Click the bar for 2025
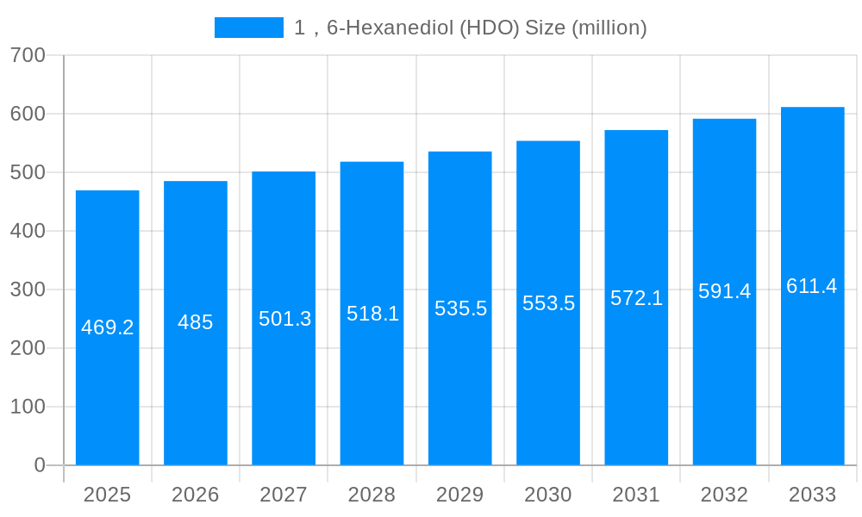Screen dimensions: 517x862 [108, 327]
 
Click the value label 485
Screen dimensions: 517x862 [196, 322]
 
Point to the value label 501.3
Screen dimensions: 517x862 [284, 319]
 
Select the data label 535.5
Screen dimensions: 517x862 [460, 308]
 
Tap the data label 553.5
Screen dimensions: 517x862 [548, 303]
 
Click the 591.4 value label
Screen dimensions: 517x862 [724, 291]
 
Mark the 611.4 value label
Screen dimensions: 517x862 [812, 286]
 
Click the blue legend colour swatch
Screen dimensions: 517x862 [248, 28]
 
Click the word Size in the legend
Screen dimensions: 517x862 [546, 28]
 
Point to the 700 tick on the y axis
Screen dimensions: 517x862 [28, 55]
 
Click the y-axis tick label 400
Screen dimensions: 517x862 [28, 231]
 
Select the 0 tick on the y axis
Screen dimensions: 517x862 [39, 465]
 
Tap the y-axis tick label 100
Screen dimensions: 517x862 [28, 407]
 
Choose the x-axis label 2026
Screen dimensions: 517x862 [196, 495]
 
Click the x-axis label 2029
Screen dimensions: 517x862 [460, 495]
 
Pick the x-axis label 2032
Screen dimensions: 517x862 [724, 495]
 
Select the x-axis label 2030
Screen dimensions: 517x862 [548, 495]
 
